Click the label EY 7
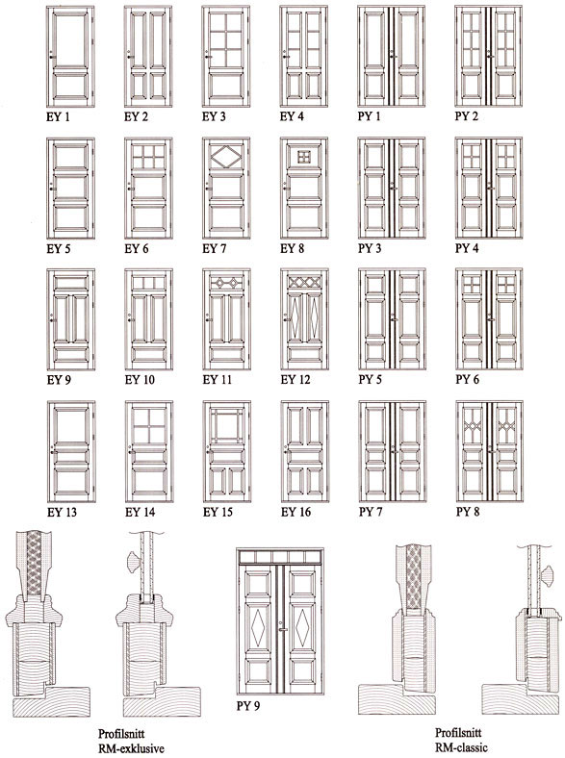point(214,249)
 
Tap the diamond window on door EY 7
point(226,157)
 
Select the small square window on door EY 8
point(304,157)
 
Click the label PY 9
point(247,706)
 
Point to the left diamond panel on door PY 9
point(259,627)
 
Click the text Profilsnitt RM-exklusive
point(131,741)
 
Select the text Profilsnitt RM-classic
point(461,740)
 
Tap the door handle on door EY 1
point(52,56)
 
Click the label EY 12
point(295,380)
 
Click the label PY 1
point(369,116)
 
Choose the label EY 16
point(295,512)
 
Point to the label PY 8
point(467,512)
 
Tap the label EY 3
point(214,116)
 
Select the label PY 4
point(467,248)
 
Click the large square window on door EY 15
point(226,425)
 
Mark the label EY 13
point(62,512)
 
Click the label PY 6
point(467,380)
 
